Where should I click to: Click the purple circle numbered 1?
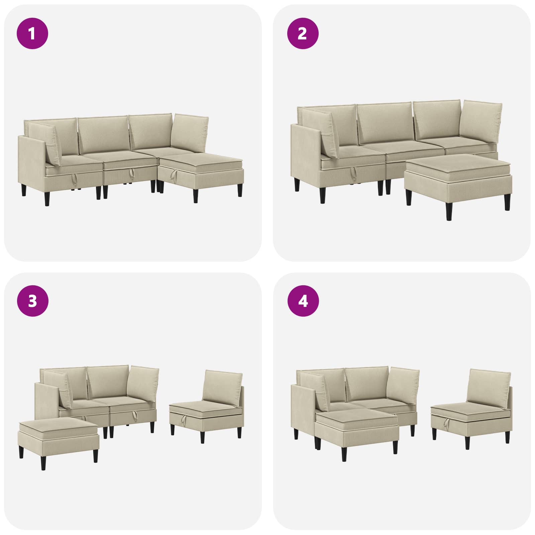32,33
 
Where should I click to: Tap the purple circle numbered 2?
303,33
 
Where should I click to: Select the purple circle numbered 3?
32,301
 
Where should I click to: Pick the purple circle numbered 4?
303,301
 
